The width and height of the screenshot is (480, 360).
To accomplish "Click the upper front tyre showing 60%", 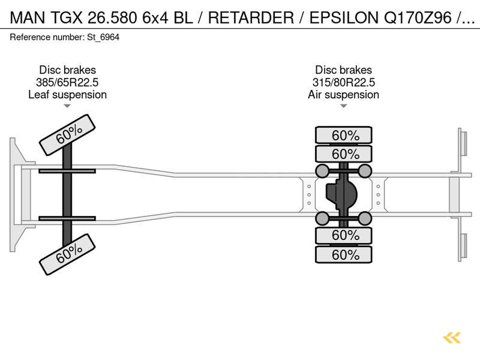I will click(x=67, y=135).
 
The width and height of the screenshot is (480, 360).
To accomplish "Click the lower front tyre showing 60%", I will click(x=67, y=255).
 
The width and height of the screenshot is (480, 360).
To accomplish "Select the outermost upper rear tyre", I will click(x=344, y=135).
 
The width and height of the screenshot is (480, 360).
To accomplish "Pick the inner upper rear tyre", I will click(x=344, y=154).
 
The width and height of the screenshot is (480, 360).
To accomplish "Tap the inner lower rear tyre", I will click(x=344, y=235).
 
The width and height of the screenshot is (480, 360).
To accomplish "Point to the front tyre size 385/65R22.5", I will click(x=67, y=82).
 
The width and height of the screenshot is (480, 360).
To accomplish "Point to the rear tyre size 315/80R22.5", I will click(x=344, y=82).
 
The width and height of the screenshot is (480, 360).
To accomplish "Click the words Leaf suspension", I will click(x=67, y=95).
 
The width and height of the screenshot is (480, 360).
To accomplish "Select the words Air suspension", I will click(x=344, y=95).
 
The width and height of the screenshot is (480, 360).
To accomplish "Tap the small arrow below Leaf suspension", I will click(x=67, y=106).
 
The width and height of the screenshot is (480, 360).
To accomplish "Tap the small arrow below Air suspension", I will click(x=344, y=106).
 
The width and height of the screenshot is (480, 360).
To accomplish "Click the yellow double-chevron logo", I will click(x=452, y=337).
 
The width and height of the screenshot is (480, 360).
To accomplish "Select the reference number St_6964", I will click(x=103, y=37).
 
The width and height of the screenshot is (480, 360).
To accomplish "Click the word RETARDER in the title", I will click(x=251, y=18).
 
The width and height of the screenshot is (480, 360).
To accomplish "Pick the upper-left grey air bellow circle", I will click(x=322, y=171).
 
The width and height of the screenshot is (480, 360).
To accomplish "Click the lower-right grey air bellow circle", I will click(x=365, y=218).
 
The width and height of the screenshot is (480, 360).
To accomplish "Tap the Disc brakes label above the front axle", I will click(x=67, y=70).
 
